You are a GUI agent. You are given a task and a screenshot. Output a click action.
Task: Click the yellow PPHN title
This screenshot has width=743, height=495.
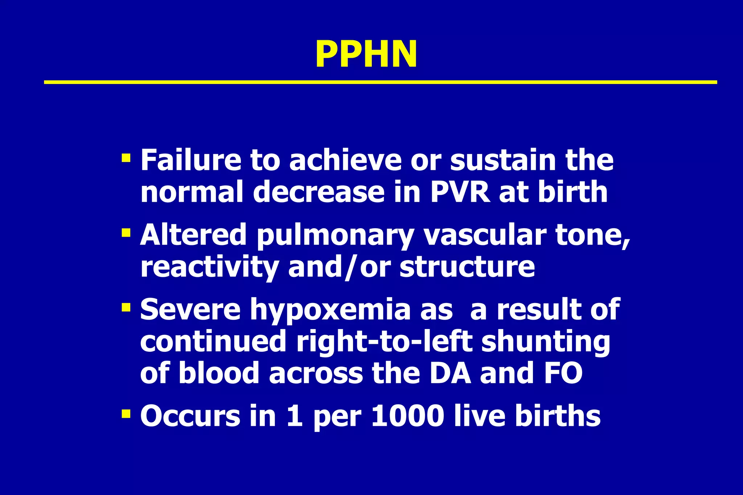[x=366, y=54]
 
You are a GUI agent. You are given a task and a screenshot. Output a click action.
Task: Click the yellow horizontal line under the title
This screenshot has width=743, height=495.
[x=380, y=82]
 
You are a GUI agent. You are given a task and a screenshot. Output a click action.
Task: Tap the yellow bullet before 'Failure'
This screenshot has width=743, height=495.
[x=126, y=158]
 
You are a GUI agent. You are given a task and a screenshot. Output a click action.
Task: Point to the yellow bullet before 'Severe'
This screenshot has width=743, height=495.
[x=126, y=307]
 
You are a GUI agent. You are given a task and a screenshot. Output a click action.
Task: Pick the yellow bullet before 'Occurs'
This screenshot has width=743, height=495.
[x=126, y=413]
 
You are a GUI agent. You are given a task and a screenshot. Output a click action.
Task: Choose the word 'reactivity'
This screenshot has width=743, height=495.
[x=209, y=267]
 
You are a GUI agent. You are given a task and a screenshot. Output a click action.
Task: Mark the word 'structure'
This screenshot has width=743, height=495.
[x=467, y=267]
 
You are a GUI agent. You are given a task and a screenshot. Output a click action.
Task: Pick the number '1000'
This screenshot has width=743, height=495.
[x=408, y=416]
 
